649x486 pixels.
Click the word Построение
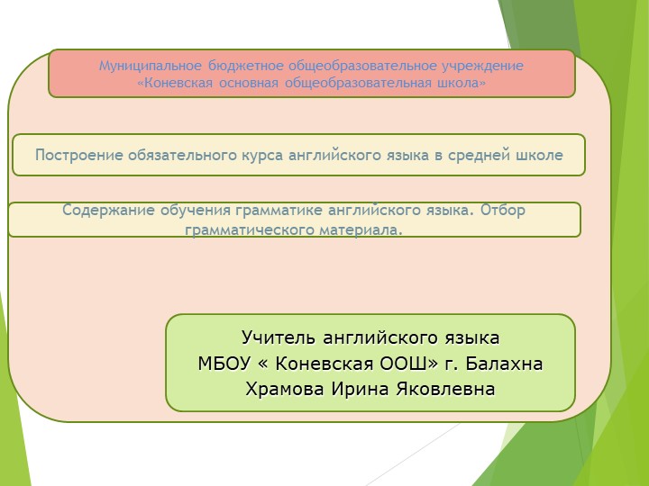(x=78, y=155)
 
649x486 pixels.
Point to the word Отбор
(x=502, y=211)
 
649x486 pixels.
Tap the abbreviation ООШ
(x=396, y=364)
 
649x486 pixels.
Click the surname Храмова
(x=288, y=390)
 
